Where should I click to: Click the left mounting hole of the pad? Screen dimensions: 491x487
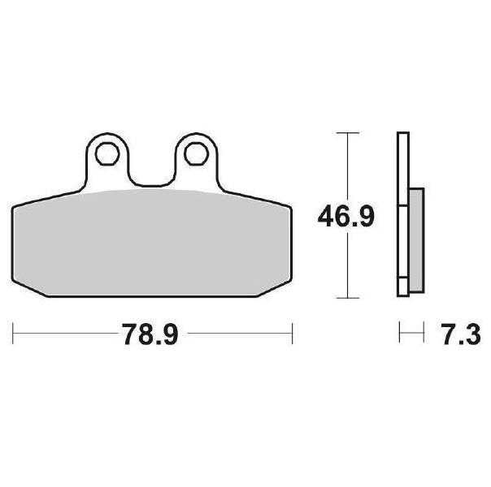coord(107,153)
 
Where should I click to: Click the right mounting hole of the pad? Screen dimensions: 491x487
coord(197,153)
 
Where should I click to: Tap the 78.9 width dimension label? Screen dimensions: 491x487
coord(150,334)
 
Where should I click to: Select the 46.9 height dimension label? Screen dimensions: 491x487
coord(346,216)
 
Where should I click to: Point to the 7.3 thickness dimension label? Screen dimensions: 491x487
coord(462,334)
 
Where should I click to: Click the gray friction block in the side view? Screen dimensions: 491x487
coord(416,240)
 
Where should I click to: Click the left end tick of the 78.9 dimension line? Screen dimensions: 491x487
coord(13,334)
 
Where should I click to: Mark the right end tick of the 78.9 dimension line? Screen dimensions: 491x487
coord(292,334)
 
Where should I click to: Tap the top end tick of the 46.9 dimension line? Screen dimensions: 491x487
coord(348,133)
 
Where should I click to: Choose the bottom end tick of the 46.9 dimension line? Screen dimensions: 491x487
coord(348,298)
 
